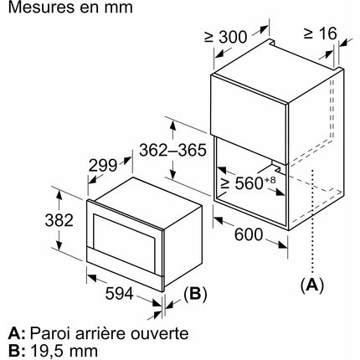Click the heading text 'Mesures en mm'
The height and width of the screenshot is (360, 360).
pyautogui.click(x=70, y=7)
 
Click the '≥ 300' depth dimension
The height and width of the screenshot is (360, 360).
pyautogui.click(x=226, y=37)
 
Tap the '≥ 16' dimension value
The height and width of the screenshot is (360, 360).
pyautogui.click(x=320, y=33)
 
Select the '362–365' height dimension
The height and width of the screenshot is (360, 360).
pyautogui.click(x=172, y=150)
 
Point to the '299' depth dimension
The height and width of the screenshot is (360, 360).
pyautogui.click(x=103, y=166)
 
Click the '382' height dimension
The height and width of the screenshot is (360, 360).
pyautogui.click(x=59, y=220)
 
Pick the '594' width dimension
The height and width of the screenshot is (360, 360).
pyautogui.click(x=120, y=294)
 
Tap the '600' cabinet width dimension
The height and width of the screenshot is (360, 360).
pyautogui.click(x=249, y=234)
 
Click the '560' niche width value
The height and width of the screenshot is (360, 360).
pyautogui.click(x=249, y=183)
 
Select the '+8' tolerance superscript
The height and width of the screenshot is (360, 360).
pyautogui.click(x=270, y=180)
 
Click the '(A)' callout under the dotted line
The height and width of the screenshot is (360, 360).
pyautogui.click(x=312, y=285)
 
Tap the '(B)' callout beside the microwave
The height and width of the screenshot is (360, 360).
pyautogui.click(x=195, y=294)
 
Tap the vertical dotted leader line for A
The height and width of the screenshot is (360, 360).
pyautogui.click(x=312, y=220)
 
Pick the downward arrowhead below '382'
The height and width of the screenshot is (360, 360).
pyautogui.click(x=59, y=245)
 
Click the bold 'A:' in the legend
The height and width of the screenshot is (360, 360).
pyautogui.click(x=17, y=333)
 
